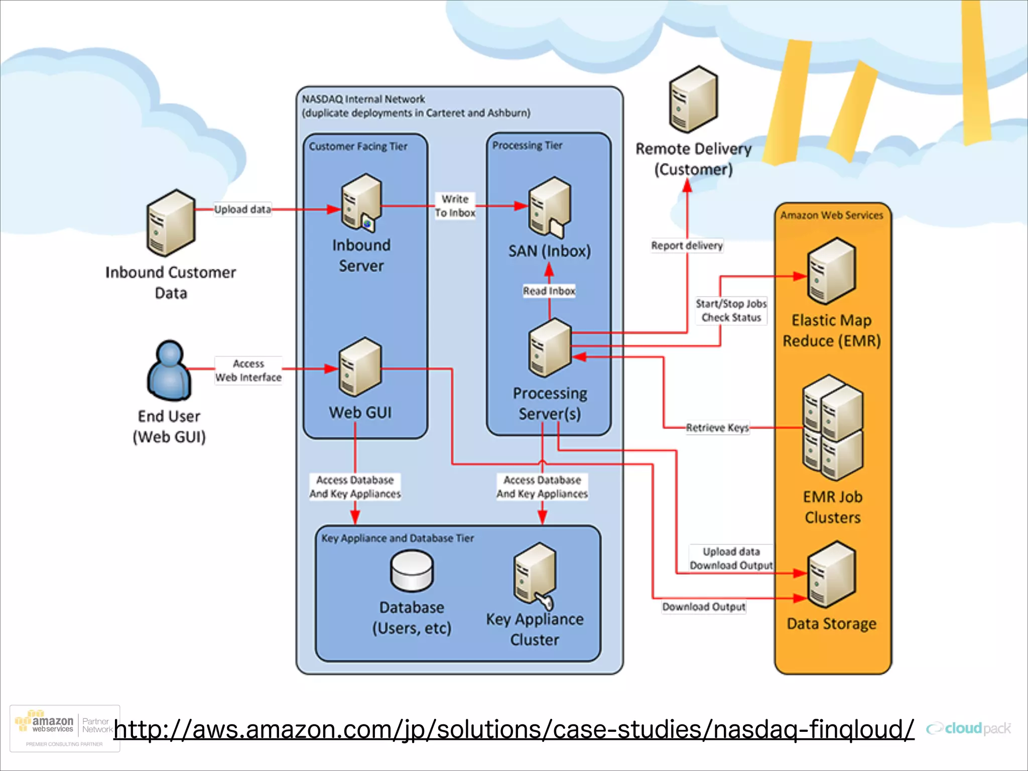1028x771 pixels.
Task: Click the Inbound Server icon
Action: click(361, 202)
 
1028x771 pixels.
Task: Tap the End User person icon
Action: click(169, 370)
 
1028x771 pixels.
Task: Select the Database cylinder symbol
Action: click(412, 571)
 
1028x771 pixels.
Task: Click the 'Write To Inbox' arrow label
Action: click(455, 206)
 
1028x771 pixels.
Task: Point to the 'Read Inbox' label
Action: click(549, 291)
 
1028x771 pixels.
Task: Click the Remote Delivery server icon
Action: click(694, 99)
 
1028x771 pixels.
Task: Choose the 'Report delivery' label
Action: click(687, 245)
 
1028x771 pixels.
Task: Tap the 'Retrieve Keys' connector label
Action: click(717, 428)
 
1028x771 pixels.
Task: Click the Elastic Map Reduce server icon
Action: click(831, 272)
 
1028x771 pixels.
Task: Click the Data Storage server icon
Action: click(831, 575)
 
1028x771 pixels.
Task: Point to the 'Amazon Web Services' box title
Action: click(831, 215)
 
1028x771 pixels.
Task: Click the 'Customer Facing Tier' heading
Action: click(358, 147)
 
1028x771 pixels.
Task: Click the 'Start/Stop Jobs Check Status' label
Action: click(731, 311)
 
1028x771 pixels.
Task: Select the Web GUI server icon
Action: click(360, 367)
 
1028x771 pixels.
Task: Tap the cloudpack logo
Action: click(969, 728)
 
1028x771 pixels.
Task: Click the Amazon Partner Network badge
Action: click(65, 728)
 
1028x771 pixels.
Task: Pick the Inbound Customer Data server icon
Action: click(171, 223)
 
